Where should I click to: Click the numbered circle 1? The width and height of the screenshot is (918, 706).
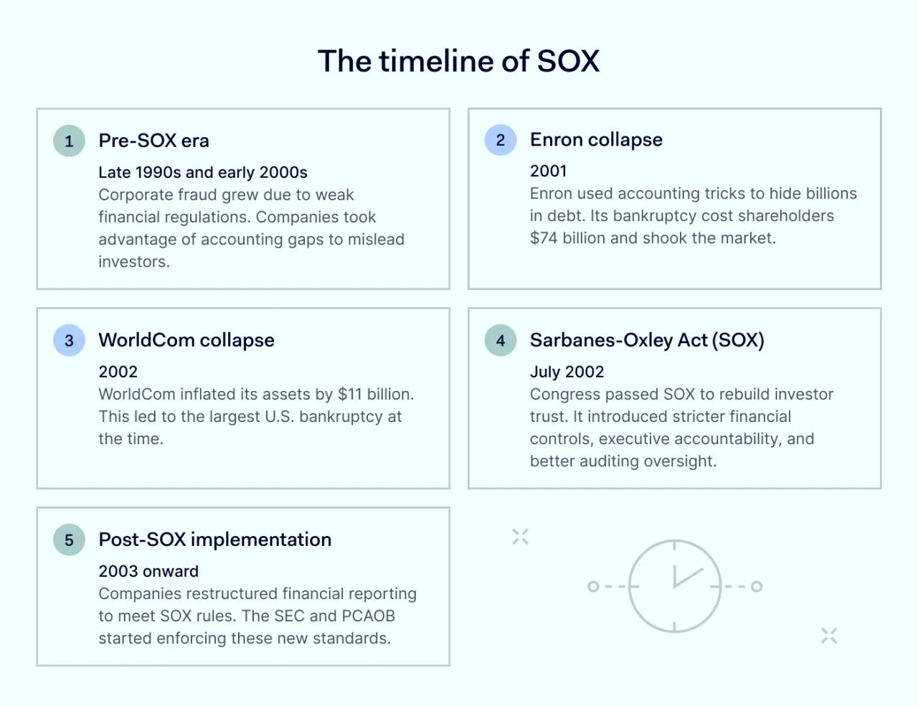coord(69,141)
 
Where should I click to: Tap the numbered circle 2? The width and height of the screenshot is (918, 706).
coord(500,140)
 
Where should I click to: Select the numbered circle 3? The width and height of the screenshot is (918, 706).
coord(69,340)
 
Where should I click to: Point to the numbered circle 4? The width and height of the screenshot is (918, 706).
coord(500,340)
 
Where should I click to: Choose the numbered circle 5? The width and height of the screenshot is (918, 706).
coord(69,540)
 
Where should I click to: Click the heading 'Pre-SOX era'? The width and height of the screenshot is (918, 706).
coord(153,141)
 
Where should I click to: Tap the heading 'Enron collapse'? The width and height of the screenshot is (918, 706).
coord(596,140)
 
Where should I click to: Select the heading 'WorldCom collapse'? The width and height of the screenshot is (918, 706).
coord(186,340)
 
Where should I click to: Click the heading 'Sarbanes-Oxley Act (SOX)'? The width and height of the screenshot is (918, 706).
coord(647,340)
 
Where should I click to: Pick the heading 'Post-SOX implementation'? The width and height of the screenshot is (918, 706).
coord(215,540)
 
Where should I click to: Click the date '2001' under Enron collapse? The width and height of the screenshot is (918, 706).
coord(549,171)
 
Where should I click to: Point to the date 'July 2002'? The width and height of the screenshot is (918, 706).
coord(567,372)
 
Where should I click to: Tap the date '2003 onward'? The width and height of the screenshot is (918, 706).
coord(148,571)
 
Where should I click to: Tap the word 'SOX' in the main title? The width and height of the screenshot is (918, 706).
coord(568,61)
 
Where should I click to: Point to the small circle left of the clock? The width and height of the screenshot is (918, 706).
coord(593,586)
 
